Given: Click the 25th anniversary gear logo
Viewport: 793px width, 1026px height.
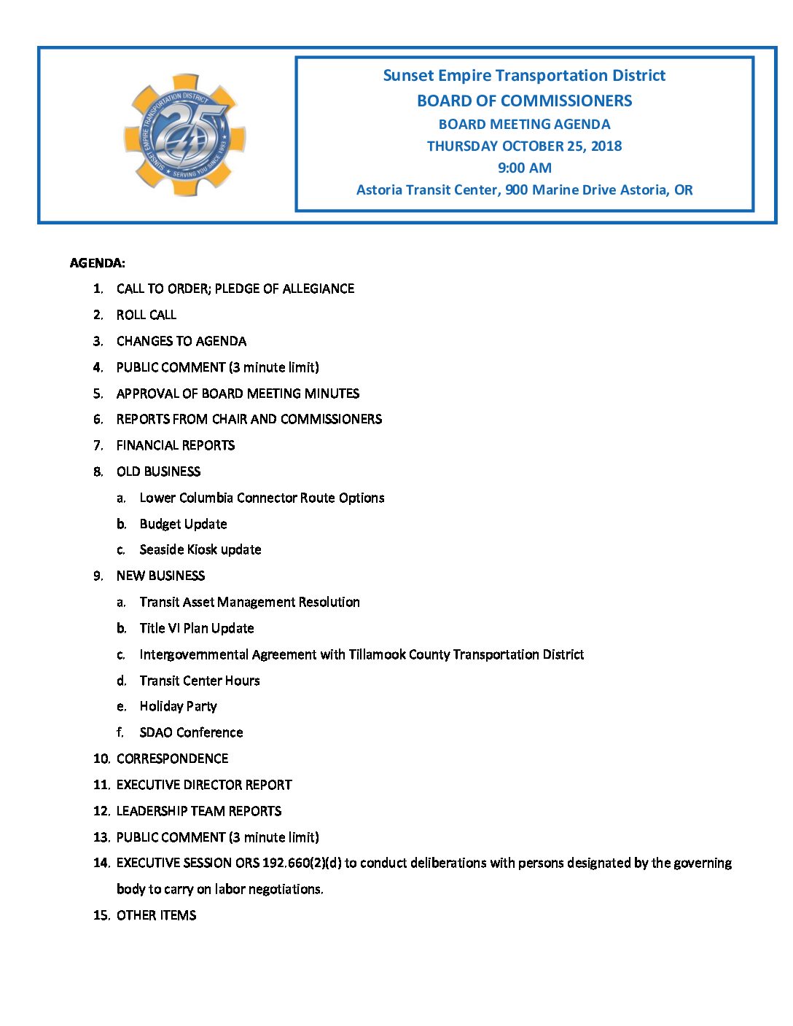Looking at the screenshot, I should [185, 136].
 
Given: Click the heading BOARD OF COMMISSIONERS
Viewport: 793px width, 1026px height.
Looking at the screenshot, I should [524, 101].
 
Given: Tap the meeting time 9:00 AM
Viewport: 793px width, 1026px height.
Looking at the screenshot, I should [524, 168].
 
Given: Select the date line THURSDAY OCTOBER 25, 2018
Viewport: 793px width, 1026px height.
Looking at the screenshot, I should [524, 146].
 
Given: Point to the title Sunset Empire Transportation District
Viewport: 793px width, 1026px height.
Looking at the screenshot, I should [524, 76].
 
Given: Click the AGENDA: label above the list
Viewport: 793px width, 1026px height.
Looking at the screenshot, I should [98, 263].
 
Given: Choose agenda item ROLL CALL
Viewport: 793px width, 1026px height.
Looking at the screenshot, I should [147, 315].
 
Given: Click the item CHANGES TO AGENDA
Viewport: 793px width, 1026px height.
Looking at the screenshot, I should [181, 341].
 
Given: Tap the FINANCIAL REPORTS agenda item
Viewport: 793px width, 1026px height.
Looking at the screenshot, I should [176, 445].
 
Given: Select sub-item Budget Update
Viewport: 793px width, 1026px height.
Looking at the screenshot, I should [183, 524].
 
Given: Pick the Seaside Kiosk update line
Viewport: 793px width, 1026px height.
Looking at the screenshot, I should [200, 549].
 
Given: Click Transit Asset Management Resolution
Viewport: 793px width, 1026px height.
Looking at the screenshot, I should [249, 602].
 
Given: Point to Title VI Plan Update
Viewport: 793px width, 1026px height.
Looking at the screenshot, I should [197, 628].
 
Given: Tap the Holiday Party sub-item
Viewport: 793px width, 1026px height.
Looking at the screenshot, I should [178, 706].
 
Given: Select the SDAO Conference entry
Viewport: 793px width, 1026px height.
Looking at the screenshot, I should [191, 732].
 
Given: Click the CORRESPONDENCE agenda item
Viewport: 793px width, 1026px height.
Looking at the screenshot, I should [172, 759].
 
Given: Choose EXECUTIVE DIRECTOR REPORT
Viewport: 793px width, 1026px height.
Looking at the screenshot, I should [204, 785].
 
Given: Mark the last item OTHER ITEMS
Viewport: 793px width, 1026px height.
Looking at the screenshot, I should [156, 915].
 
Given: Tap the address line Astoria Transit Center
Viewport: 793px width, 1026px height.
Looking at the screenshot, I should [524, 190].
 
